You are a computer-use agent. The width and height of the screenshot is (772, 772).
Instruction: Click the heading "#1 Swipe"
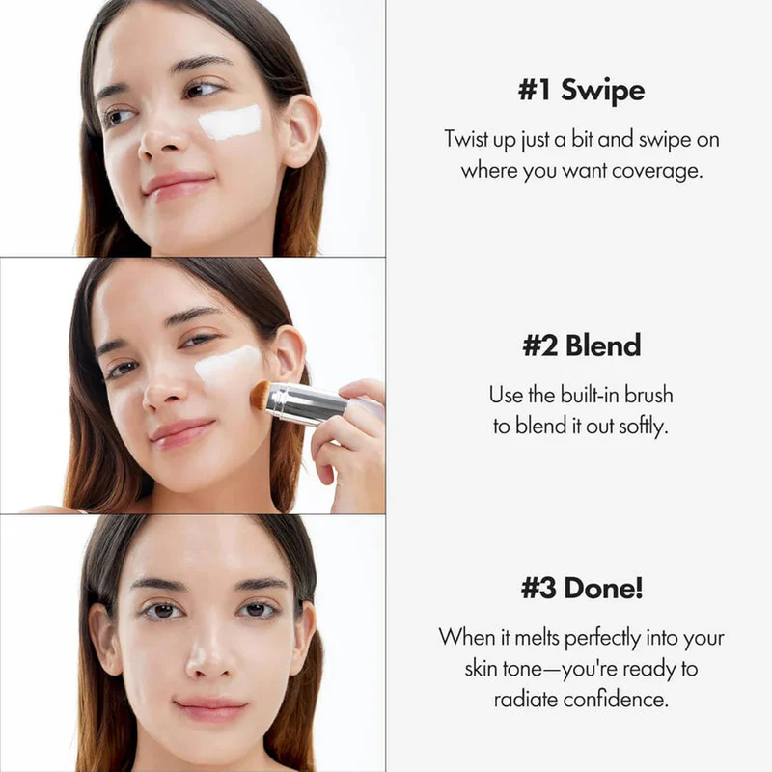coord(581,91)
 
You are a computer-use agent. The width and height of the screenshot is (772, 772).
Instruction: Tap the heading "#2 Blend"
coord(581,346)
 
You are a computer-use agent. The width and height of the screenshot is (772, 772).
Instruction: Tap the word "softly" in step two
coord(641,427)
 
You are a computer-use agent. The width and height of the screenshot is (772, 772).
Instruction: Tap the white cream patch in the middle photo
coord(228,368)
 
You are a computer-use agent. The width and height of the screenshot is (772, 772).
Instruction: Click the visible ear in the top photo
coord(301,129)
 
